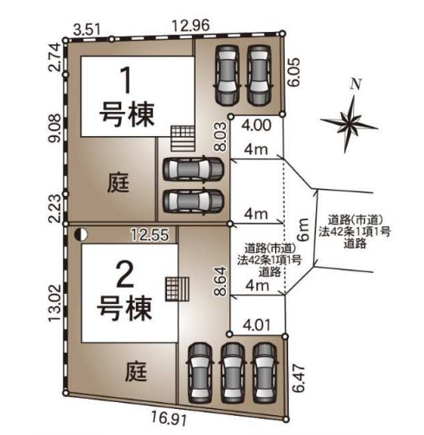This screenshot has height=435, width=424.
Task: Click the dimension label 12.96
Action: pyautogui.click(x=190, y=26)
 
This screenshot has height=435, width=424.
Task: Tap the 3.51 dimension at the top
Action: pyautogui.click(x=87, y=29)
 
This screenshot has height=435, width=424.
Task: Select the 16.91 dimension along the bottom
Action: pyautogui.click(x=169, y=419)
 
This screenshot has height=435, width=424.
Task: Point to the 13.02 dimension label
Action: pyautogui.click(x=55, y=302)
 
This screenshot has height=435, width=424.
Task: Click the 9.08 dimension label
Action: pyautogui.click(x=55, y=127)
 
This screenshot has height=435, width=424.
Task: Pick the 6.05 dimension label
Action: pyautogui.click(x=294, y=72)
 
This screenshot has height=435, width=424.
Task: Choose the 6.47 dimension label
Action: pyautogui.click(x=299, y=379)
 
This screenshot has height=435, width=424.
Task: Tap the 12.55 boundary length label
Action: pyautogui.click(x=150, y=235)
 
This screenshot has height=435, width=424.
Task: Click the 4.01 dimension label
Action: pyautogui.click(x=257, y=326)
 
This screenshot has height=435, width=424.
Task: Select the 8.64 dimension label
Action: pyautogui.click(x=221, y=281)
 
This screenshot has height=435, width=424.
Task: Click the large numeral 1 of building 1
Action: pyautogui.click(x=127, y=80)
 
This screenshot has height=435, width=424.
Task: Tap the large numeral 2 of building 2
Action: pyautogui.click(x=125, y=276)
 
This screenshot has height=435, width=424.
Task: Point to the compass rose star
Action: pyautogui.click(x=350, y=124)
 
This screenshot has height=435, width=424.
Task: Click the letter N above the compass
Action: pyautogui.click(x=357, y=84)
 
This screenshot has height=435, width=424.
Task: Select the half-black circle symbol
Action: pyautogui.click(x=80, y=235)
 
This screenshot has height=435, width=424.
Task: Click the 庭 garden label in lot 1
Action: pyautogui.click(x=118, y=183)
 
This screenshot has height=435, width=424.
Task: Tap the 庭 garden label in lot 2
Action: pyautogui.click(x=136, y=371)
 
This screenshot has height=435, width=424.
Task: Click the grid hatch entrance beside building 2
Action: pyautogui.click(x=177, y=289)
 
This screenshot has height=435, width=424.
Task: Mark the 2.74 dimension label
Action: pyautogui.click(x=55, y=57)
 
